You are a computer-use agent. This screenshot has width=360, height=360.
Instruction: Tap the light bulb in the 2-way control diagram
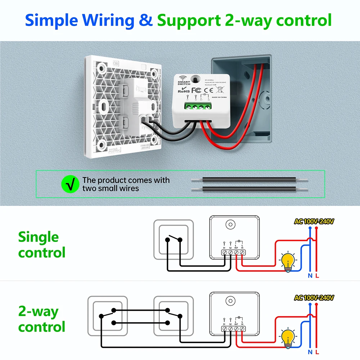[288, 337]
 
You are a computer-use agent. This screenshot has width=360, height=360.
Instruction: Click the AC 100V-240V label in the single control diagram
[314, 222]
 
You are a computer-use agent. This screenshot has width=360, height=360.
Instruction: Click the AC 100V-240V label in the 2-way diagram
[314, 298]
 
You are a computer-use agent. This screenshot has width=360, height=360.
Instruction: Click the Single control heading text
[41, 245]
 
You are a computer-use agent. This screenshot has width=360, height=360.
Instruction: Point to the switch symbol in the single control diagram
[174, 240]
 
